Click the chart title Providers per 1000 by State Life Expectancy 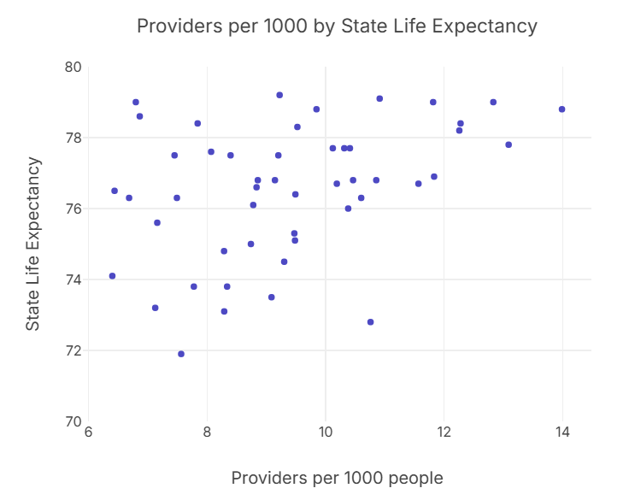coord(337,26)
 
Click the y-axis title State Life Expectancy coord(32,244)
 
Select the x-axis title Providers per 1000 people coord(337,478)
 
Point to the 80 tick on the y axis coord(73,67)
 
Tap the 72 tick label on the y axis coord(73,350)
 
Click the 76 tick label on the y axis coord(73,209)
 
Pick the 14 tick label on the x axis coord(562,433)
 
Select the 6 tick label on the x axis coord(88,433)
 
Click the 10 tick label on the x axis coord(326,433)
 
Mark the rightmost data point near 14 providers coord(561,109)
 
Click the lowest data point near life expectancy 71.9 coord(181,354)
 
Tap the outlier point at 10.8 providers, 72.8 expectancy coord(370,322)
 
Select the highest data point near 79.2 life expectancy coord(279,95)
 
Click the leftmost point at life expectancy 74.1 coord(112,276)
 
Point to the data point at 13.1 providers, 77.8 coord(508,144)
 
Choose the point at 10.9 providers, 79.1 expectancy coord(379,98)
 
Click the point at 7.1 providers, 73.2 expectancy coord(155,308)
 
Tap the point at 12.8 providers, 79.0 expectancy coord(493,102)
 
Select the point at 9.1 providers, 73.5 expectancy coord(272,297)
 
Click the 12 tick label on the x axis coord(444,433)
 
